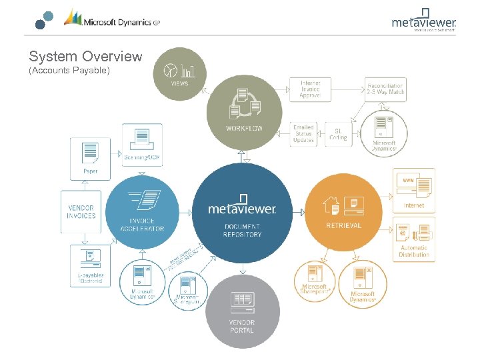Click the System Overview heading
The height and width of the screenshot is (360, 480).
(85, 57)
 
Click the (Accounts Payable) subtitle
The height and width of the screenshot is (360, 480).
(69, 70)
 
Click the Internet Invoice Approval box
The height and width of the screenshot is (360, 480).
(309, 89)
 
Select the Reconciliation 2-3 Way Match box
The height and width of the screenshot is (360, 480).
(385, 89)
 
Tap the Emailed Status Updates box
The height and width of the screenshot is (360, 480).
(304, 134)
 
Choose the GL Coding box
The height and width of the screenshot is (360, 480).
(338, 133)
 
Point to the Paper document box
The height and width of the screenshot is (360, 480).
(90, 158)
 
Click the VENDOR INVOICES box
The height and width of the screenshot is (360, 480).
(81, 212)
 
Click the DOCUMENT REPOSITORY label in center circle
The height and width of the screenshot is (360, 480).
(243, 231)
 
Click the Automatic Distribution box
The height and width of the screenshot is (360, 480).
(414, 241)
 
